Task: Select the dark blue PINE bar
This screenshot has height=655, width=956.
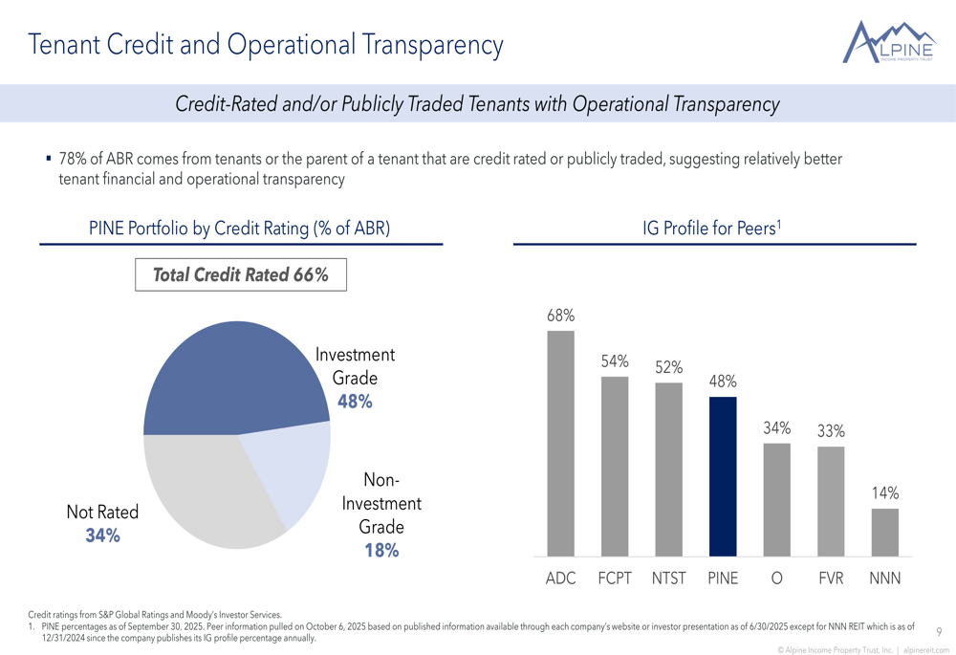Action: click(x=723, y=476)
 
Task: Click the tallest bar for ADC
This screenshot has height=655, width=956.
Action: click(x=560, y=444)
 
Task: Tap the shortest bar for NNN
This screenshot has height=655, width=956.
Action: click(x=885, y=533)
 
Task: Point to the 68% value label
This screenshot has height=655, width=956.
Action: click(x=560, y=315)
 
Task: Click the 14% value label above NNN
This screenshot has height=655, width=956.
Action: click(x=885, y=492)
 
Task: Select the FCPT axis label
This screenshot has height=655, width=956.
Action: click(x=614, y=579)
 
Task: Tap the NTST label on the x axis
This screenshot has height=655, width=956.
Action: click(x=668, y=579)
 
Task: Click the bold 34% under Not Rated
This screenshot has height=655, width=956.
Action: click(x=102, y=535)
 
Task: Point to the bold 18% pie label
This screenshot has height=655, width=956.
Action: click(x=381, y=550)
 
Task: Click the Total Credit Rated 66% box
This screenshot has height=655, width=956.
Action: click(x=240, y=275)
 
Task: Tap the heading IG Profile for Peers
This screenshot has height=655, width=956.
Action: click(x=713, y=228)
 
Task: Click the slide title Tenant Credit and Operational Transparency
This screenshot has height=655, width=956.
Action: click(x=266, y=44)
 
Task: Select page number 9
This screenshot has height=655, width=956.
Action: click(x=939, y=631)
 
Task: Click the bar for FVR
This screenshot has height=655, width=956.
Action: click(x=831, y=502)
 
